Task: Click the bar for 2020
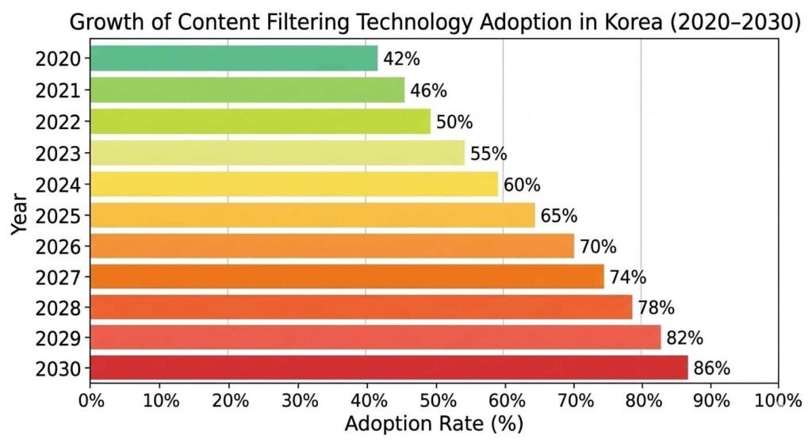[234, 59]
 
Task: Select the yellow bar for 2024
[294, 185]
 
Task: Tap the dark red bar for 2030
[389, 368]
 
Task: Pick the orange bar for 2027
[347, 277]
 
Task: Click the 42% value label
[401, 59]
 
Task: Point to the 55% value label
[488, 154]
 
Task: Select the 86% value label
[711, 369]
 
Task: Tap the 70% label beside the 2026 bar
[598, 246]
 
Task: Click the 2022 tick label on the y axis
[57, 121]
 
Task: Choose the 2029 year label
[57, 338]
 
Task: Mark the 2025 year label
[57, 215]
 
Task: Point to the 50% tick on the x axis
[435, 399]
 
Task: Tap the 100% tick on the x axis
[779, 399]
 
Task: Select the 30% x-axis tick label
[297, 399]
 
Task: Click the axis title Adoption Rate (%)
[434, 423]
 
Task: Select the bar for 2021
[247, 90]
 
